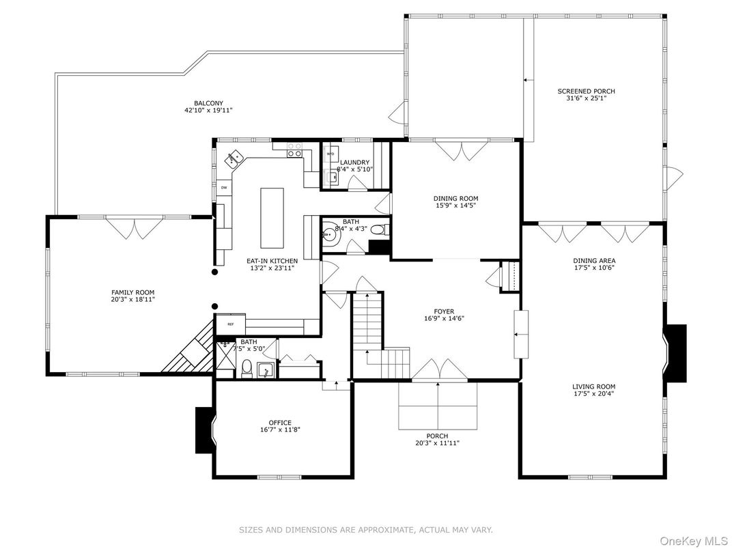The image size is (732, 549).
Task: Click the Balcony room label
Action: (208, 102)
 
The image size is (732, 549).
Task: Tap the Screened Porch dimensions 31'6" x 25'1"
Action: (586, 98)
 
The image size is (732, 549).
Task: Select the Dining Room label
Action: (455, 199)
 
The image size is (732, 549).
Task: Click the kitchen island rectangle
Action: (271, 218)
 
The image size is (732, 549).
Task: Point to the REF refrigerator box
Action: (230, 324)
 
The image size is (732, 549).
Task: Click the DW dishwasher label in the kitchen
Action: (223, 187)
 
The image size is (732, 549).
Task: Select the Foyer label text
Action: (444, 311)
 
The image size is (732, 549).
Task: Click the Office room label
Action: (280, 423)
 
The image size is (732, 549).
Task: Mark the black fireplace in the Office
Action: (204, 430)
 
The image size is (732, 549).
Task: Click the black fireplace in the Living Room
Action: (676, 352)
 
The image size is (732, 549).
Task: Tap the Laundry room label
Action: (354, 163)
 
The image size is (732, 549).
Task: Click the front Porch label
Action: (437, 436)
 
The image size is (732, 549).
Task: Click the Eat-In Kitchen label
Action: (272, 261)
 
